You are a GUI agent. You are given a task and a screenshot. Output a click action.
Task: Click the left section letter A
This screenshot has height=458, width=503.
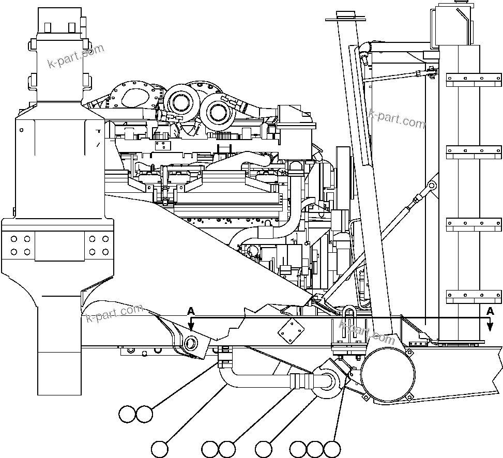coord(191,311)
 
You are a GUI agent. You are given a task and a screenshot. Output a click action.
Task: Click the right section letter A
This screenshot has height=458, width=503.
coord(489,311)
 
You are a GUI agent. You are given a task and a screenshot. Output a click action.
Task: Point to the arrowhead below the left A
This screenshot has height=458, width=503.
coord(191,327)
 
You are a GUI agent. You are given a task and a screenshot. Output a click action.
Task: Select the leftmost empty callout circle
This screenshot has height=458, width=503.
coord(127,414)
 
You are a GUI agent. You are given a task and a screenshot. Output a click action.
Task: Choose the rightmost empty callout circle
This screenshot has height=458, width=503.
coord(332,449)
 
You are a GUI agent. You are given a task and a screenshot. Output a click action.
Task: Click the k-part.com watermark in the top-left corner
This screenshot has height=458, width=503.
coord(75,56)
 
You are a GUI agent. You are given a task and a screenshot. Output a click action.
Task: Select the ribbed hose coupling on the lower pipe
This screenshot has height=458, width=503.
coord(302,381)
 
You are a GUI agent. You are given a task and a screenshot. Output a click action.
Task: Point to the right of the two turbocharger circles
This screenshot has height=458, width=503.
coord(216,112)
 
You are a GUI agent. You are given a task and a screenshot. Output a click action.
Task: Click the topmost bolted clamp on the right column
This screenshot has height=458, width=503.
coord(473,79)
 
